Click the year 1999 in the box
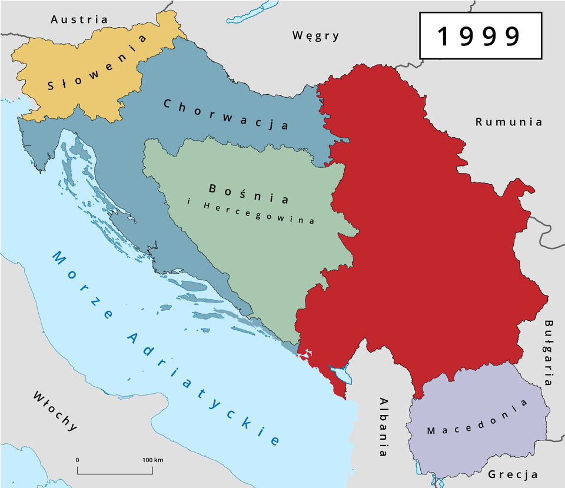click(x=479, y=36)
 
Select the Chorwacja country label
click(x=226, y=114)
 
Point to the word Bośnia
click(x=248, y=194)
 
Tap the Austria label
click(x=79, y=19)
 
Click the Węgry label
click(x=316, y=36)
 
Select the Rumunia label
click(x=508, y=122)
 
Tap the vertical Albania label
click(x=383, y=426)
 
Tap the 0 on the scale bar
click(x=78, y=460)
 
